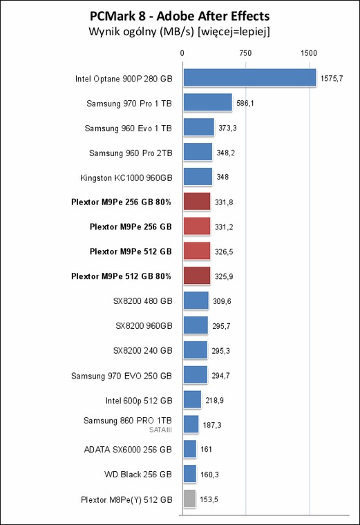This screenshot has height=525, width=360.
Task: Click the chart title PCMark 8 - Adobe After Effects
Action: point(180,16)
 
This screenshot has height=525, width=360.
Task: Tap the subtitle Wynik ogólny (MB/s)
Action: point(142,32)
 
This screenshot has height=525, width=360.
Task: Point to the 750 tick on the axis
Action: point(245,53)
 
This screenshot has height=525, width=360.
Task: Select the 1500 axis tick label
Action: point(308,53)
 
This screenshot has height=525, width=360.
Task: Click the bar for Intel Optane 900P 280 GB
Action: point(249,77)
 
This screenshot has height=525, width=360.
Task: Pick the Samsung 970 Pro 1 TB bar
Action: point(207,102)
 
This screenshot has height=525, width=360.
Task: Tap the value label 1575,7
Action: point(332,78)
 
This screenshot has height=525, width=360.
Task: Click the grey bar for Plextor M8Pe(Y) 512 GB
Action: point(189,499)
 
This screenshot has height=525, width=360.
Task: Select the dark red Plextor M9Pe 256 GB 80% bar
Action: point(197,201)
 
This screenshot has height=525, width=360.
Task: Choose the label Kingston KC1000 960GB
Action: point(126,178)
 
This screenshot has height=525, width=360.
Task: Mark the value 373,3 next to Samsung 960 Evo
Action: point(227,128)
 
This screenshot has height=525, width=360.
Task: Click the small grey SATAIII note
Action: point(160,430)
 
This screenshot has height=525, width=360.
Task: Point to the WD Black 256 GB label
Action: point(138,474)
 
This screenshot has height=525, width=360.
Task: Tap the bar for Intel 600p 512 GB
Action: point(192,399)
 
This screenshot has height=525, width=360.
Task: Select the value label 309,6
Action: point(222,301)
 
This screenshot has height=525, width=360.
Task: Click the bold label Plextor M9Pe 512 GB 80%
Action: point(121,276)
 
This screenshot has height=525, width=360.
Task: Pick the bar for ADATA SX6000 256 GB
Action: point(190,449)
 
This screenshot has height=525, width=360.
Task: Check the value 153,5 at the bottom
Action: point(209,499)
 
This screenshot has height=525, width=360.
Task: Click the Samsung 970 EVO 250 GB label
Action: point(122,376)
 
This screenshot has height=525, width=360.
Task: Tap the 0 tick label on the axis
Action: point(182,53)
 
